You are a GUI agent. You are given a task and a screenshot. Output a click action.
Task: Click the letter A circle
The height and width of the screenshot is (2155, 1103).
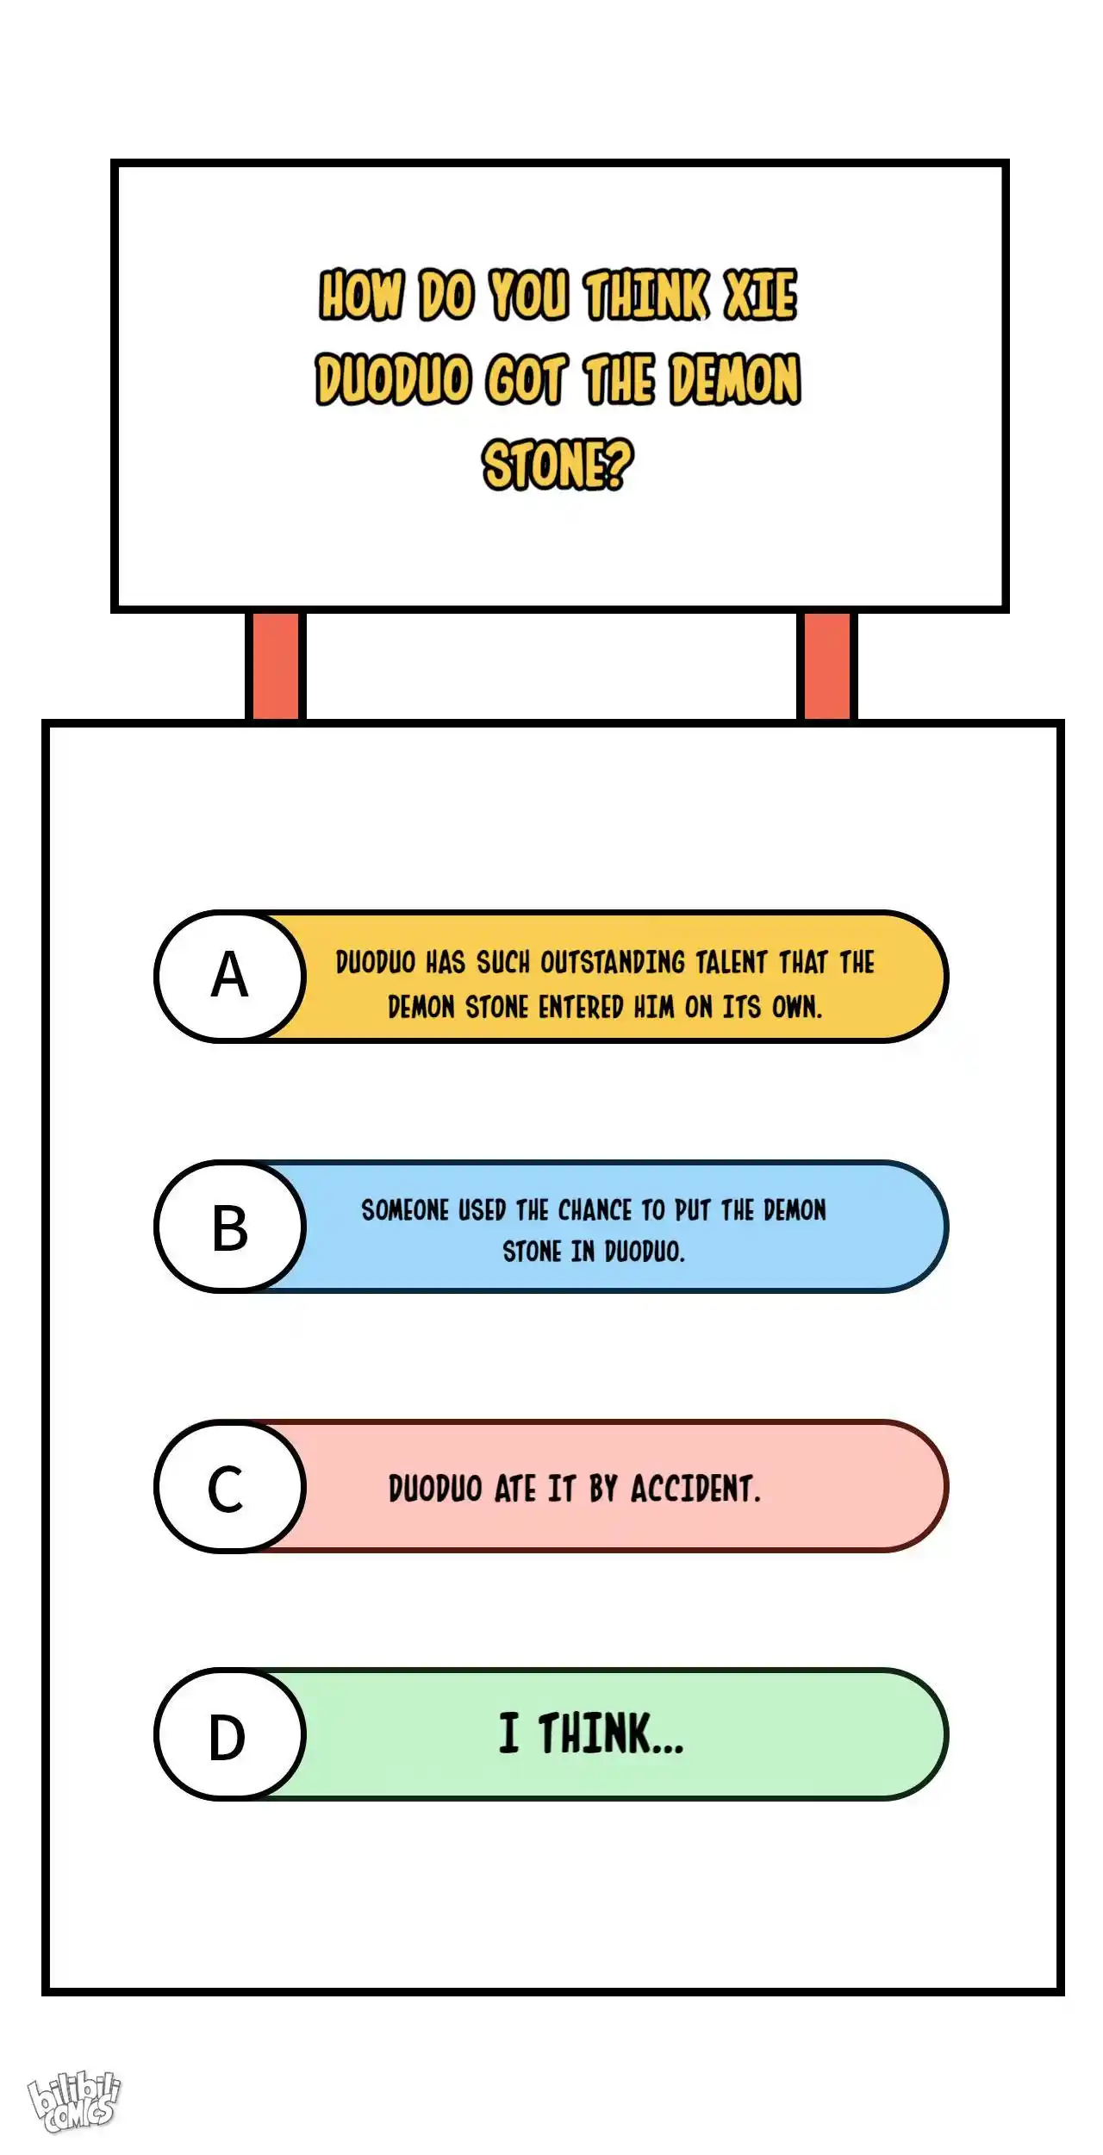(x=230, y=976)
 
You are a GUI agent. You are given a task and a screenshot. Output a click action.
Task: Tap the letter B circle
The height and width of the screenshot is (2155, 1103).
(x=230, y=1226)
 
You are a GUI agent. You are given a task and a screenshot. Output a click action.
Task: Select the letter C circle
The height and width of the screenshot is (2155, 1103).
(x=230, y=1486)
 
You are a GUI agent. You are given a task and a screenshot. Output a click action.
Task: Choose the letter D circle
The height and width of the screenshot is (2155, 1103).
(x=230, y=1734)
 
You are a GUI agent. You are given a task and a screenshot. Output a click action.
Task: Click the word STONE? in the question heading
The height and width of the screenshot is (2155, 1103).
(x=558, y=465)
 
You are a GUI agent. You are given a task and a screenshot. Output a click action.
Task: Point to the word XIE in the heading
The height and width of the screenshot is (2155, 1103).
(x=760, y=296)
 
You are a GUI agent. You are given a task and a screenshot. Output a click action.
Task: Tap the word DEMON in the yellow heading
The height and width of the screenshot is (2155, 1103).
(x=735, y=379)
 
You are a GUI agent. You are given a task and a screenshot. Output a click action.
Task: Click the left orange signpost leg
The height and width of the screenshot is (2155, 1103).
(x=276, y=665)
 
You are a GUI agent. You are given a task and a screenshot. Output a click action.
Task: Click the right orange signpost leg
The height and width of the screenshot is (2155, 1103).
(x=826, y=665)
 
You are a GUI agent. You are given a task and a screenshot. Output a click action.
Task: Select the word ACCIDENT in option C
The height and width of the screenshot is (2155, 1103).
(x=695, y=1489)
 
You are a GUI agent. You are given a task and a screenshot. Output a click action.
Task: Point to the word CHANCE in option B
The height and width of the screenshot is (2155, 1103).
(x=595, y=1210)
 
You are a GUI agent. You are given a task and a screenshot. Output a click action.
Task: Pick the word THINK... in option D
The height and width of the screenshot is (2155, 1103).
(x=611, y=1734)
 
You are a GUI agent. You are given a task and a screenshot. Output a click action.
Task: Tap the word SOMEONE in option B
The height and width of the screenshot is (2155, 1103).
(x=405, y=1210)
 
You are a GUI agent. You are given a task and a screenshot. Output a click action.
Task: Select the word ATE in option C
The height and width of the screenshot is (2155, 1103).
(x=515, y=1489)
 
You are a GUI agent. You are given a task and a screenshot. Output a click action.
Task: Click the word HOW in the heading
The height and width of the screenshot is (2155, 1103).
(x=362, y=296)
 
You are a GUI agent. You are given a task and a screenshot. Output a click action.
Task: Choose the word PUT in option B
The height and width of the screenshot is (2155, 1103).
(x=693, y=1210)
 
